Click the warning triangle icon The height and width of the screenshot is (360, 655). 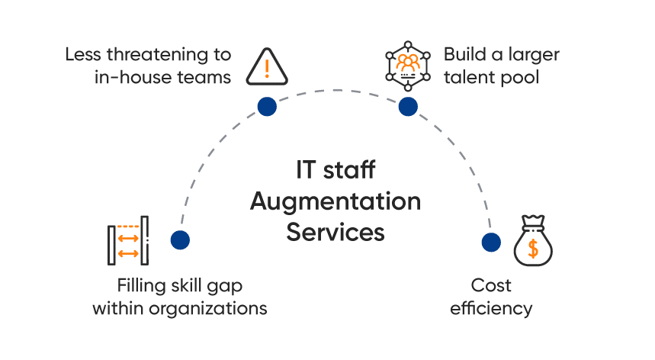coord(267,67)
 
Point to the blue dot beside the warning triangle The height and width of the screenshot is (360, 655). coord(267,107)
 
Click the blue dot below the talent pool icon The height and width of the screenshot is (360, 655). coord(408,107)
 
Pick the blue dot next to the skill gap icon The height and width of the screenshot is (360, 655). coord(180,240)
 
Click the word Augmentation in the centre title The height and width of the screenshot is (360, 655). coord(336,202)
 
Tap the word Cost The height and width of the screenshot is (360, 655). coord(491,286)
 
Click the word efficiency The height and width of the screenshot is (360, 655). coord(491,308)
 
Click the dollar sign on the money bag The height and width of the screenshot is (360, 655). coord(532,248)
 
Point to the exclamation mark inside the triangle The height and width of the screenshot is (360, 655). coord(267,69)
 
